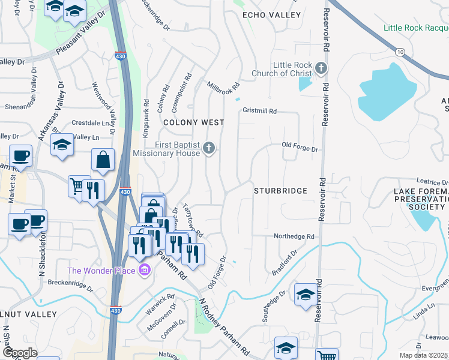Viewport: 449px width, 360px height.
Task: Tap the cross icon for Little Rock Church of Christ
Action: click(322, 67)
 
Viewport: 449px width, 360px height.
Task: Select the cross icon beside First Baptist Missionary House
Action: click(209, 148)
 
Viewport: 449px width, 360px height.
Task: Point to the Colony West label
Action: click(194, 122)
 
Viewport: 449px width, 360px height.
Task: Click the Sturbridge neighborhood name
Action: click(280, 191)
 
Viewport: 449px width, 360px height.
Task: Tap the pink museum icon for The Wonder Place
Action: click(143, 271)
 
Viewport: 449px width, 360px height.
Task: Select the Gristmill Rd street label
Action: click(259, 111)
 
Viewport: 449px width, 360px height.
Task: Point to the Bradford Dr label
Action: click(285, 263)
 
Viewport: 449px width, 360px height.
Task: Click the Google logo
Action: click(20, 353)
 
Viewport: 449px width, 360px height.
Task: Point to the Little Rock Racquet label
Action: click(416, 28)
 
